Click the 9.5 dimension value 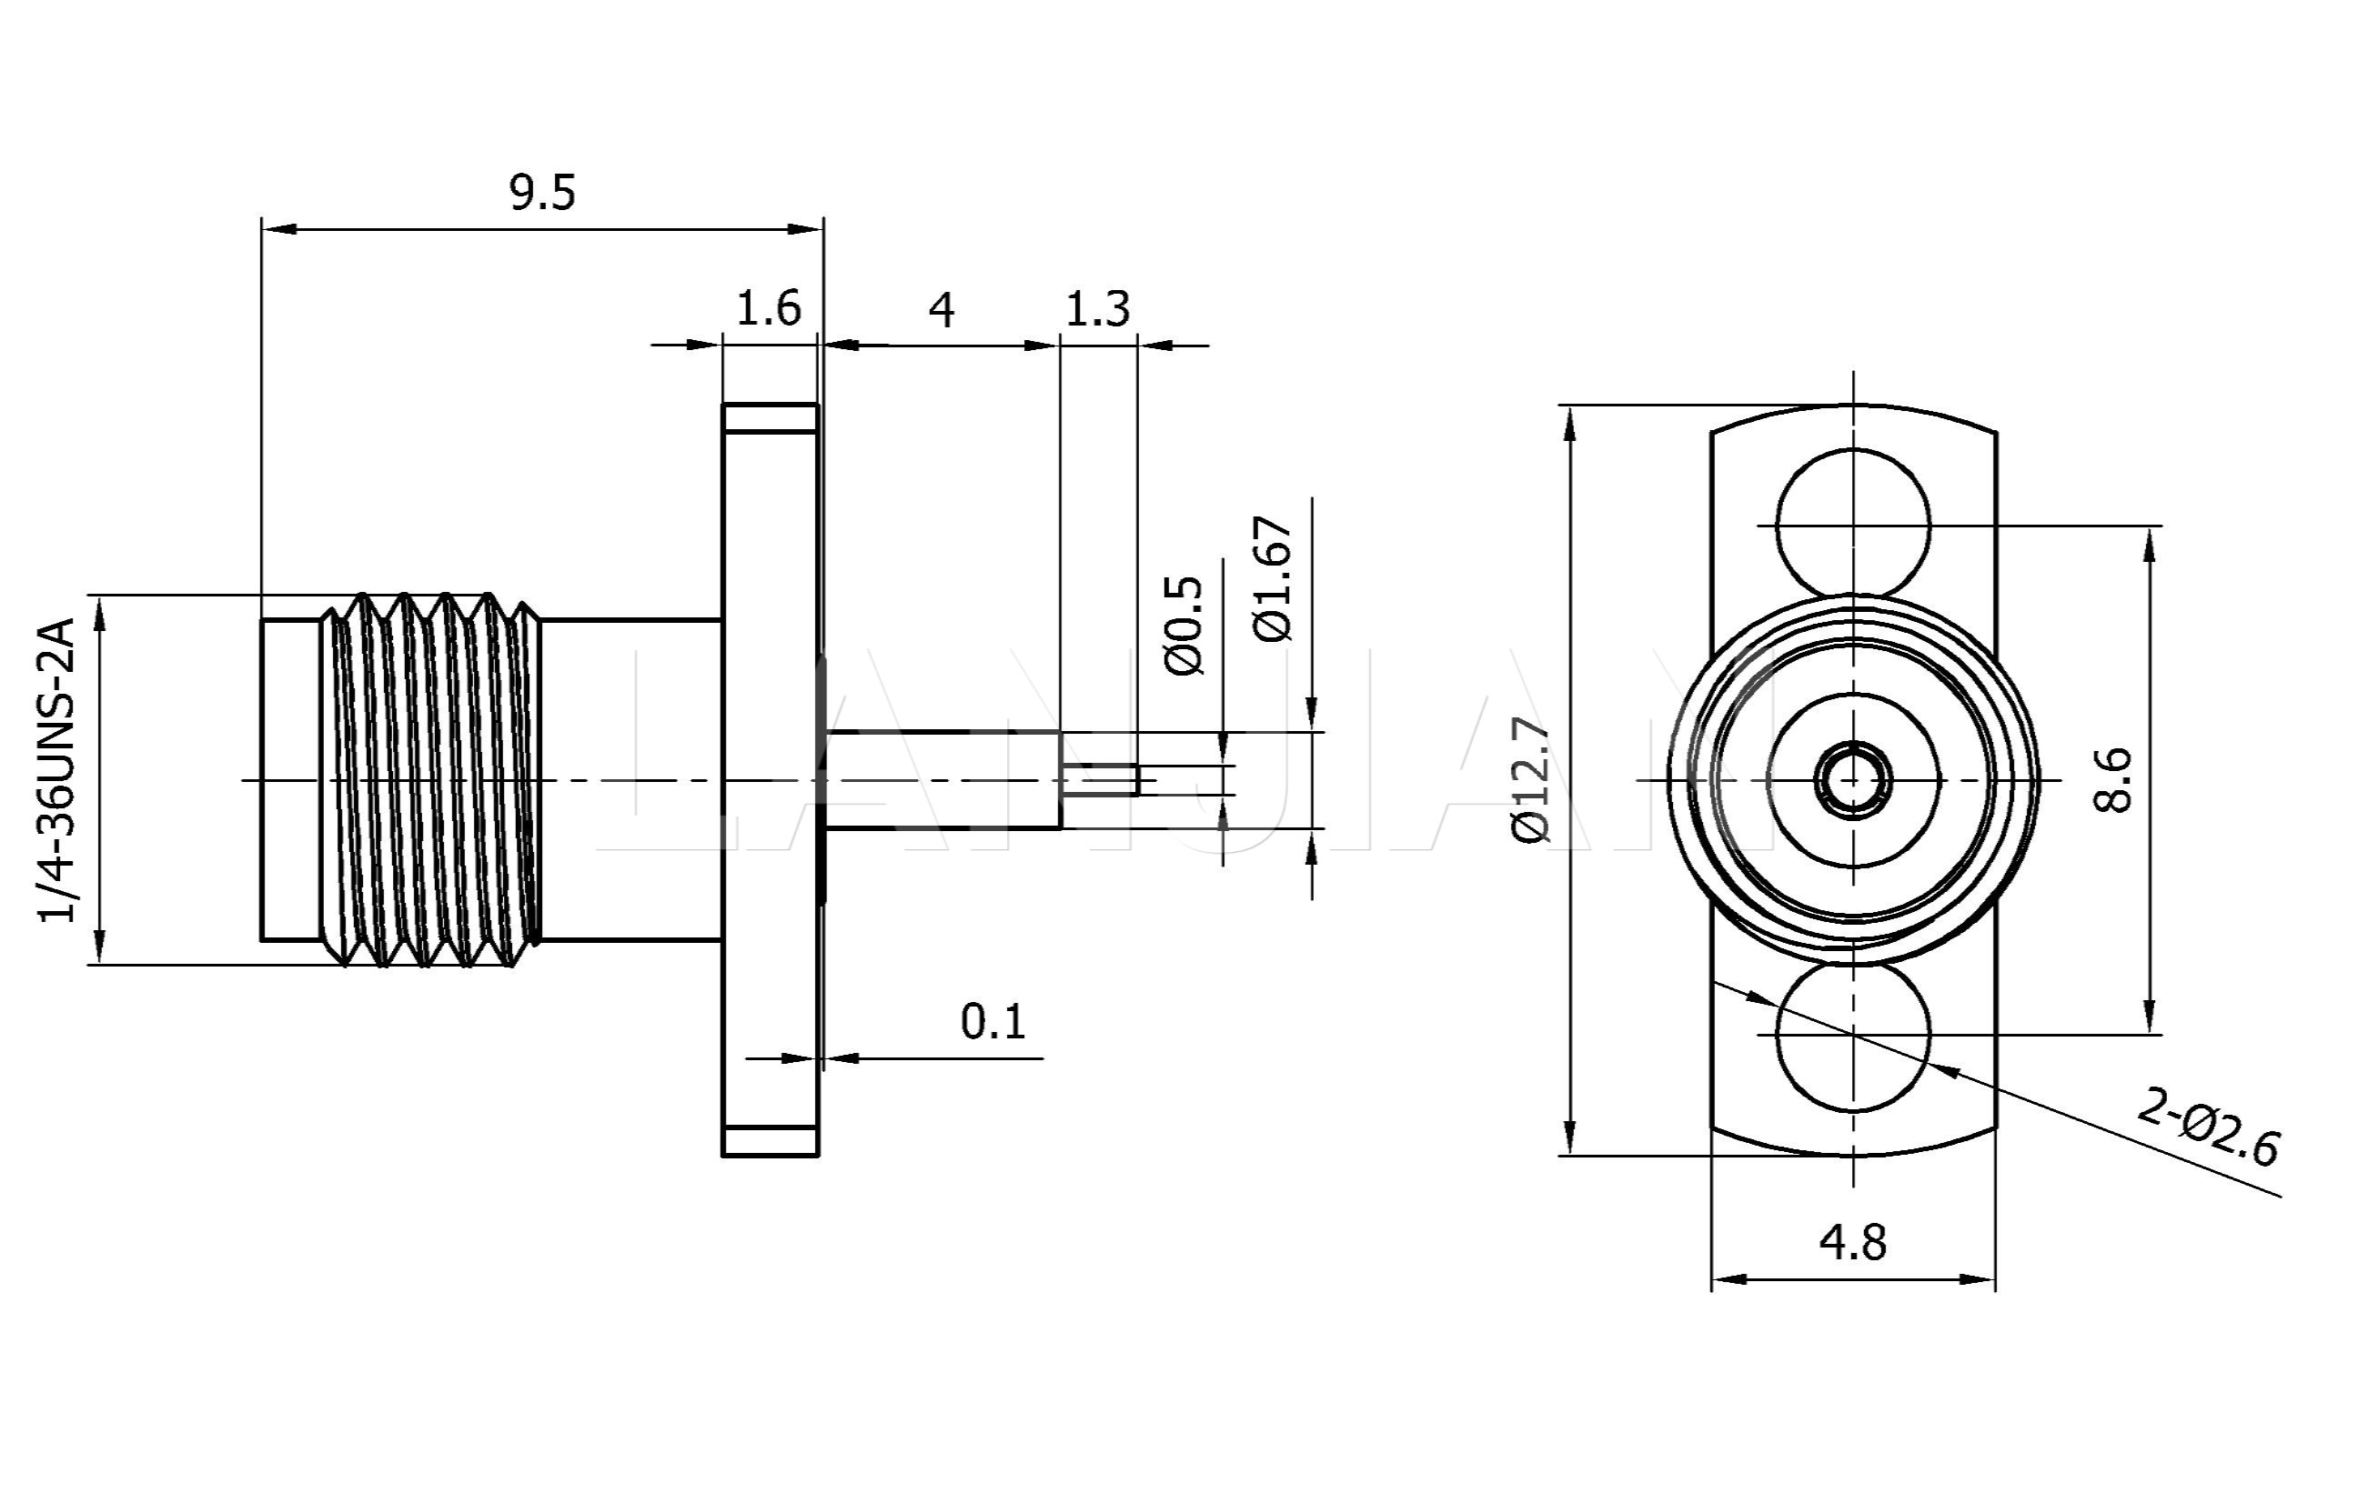click(x=542, y=192)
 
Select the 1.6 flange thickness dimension click(x=768, y=307)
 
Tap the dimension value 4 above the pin click(x=941, y=311)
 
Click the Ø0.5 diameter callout click(x=1183, y=626)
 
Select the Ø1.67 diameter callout click(x=1274, y=578)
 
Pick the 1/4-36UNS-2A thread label click(x=56, y=770)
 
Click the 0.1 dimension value click(x=993, y=1022)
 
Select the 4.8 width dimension click(x=1853, y=1244)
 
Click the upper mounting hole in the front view click(x=1853, y=524)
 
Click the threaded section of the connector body click(x=430, y=779)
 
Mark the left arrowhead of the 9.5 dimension click(x=277, y=229)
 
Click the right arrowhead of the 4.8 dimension click(x=1980, y=1279)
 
